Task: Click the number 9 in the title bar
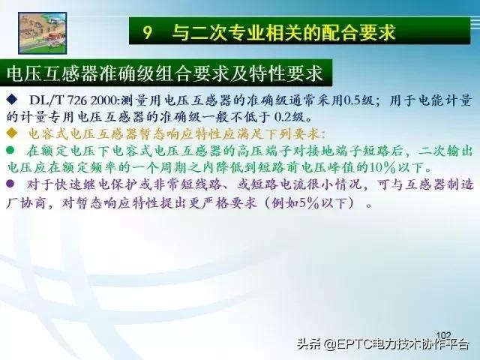[x=148, y=32]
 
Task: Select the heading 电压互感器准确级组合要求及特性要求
[x=164, y=73]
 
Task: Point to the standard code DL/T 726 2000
[x=74, y=100]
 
